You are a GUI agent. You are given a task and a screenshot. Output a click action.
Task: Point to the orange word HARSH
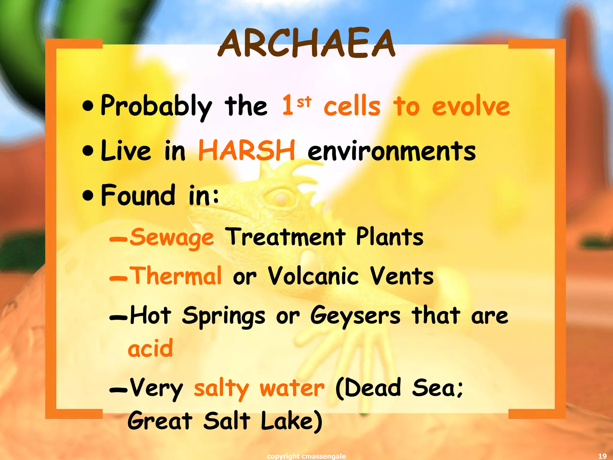(x=247, y=150)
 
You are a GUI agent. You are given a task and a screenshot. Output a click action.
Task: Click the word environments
(x=392, y=151)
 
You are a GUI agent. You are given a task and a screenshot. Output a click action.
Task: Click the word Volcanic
(x=313, y=276)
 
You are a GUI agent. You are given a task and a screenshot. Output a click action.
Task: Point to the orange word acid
(x=150, y=349)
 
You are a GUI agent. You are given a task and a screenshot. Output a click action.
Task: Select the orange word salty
(x=221, y=388)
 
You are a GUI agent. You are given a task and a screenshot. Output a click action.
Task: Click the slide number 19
(x=602, y=456)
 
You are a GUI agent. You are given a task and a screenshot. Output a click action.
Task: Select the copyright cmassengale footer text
(x=306, y=456)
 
